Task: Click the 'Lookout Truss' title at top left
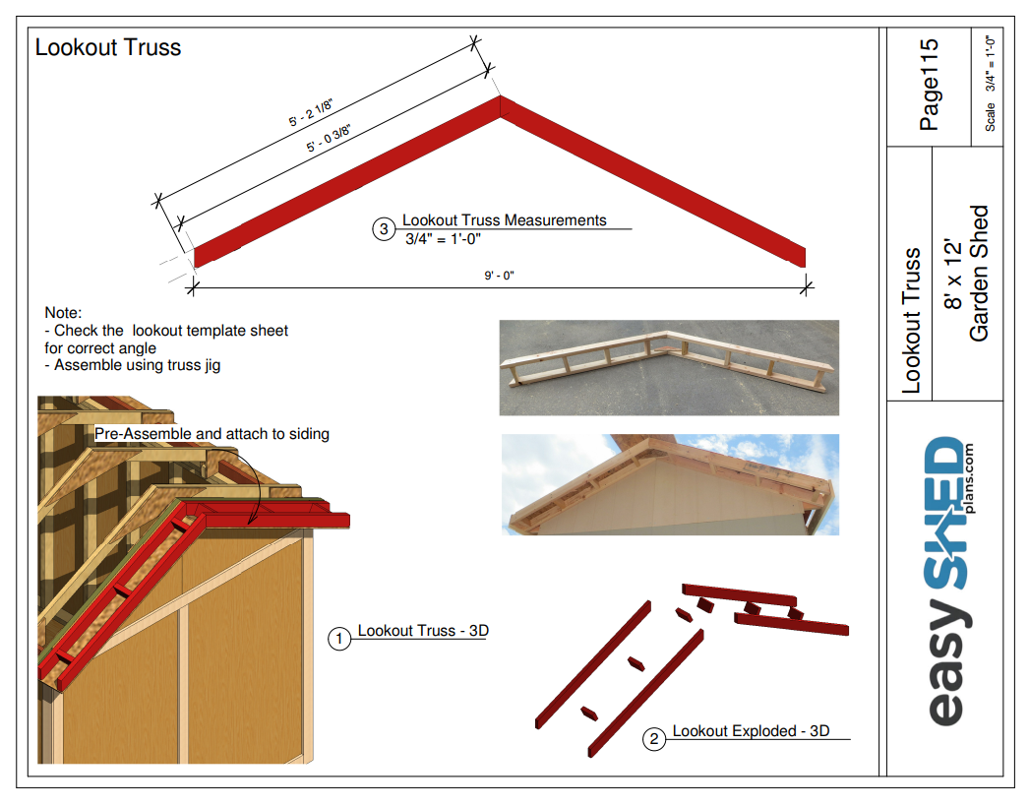(108, 47)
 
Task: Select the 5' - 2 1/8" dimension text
(312, 112)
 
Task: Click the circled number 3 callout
(384, 229)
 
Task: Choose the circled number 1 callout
(339, 639)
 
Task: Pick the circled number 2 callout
(654, 739)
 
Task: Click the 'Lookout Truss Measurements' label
(504, 220)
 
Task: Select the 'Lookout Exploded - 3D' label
(751, 731)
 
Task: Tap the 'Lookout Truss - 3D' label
(423, 631)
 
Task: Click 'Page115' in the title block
(929, 85)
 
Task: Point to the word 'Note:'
(64, 313)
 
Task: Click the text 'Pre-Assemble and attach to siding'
(212, 434)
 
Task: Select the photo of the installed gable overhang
(669, 484)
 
